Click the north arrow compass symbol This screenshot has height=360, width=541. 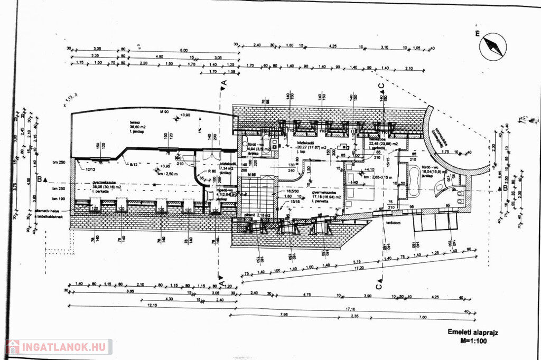click(492, 46)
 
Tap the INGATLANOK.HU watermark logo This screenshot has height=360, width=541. click(58, 347)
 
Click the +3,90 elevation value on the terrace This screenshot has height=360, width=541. click(184, 115)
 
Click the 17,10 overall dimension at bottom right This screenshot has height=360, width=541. click(349, 309)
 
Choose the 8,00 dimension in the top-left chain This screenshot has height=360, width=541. click(183, 50)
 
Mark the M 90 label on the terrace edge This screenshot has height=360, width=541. click(165, 111)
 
